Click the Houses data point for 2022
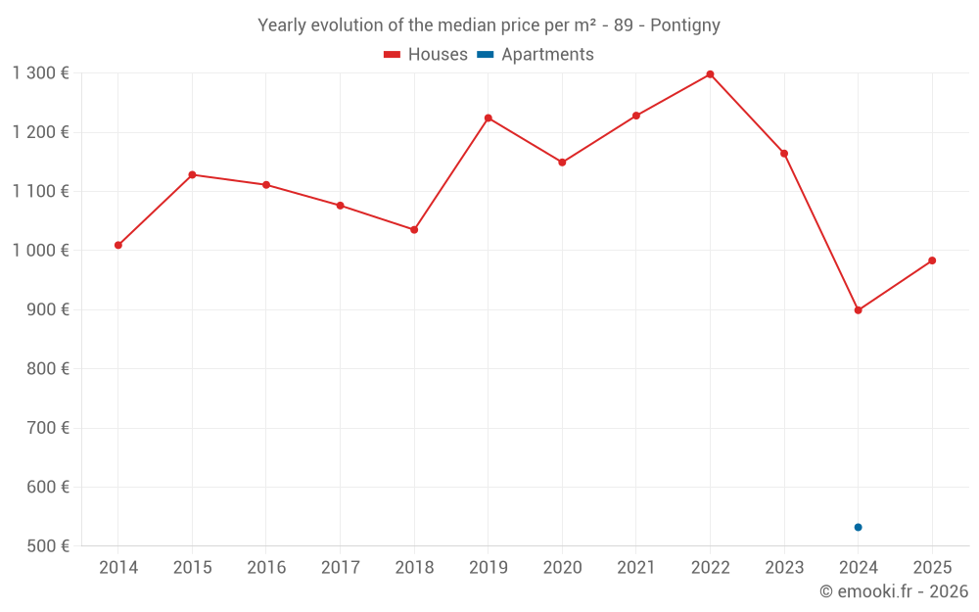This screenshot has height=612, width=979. coord(710,74)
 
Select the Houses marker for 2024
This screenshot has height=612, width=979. coord(858,310)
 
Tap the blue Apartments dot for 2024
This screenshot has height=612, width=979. coord(858,527)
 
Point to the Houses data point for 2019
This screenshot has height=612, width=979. coord(488,118)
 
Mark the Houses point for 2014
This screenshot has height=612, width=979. coord(118,245)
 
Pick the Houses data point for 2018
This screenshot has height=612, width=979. coord(414,230)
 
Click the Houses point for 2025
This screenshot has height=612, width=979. coord(932,260)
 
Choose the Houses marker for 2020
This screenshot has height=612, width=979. coord(562,163)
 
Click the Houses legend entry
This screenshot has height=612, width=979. coord(426,55)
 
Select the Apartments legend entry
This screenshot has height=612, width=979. coord(536,55)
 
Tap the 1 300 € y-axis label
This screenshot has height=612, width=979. coord(41,73)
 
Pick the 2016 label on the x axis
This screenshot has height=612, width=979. coord(266,568)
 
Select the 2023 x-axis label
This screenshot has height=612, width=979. coord(784,568)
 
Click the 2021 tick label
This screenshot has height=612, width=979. coord(636,568)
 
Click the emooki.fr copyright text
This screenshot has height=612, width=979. coord(894,591)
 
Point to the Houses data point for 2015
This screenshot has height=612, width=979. coord(192,175)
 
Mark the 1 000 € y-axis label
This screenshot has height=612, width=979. coord(41,251)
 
